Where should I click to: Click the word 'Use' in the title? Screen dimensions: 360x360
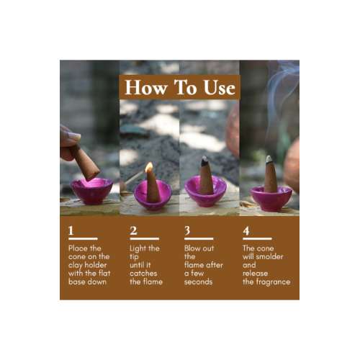click(x=220, y=87)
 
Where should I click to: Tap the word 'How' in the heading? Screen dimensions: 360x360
click(x=146, y=87)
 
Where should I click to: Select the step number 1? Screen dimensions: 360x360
click(x=71, y=230)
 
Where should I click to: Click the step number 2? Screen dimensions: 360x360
click(x=133, y=230)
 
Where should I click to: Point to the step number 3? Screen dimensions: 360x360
click(x=187, y=230)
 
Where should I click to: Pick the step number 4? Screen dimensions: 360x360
click(x=246, y=231)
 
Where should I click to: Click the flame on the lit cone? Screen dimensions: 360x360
click(x=149, y=167)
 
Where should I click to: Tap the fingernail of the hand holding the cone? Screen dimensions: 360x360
click(x=74, y=136)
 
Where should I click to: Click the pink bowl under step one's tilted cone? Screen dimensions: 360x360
click(x=91, y=191)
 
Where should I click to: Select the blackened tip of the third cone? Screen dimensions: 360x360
click(x=204, y=161)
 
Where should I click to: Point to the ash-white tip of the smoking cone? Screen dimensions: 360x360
click(x=269, y=158)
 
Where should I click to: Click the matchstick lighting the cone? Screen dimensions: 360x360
click(x=135, y=178)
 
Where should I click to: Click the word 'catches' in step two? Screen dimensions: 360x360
click(x=143, y=273)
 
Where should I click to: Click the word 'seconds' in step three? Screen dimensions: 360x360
click(x=198, y=282)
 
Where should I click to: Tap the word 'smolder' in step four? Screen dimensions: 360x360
click(x=269, y=256)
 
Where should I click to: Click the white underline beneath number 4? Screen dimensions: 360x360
click(x=257, y=238)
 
